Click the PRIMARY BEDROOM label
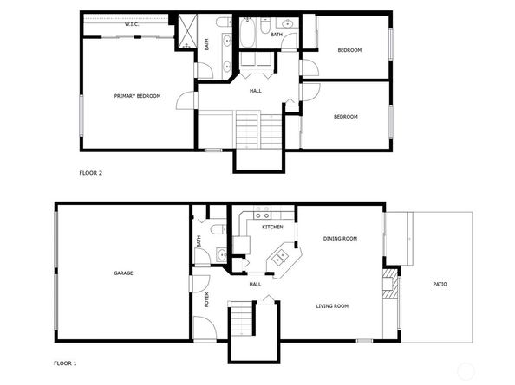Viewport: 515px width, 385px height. pos(137,95)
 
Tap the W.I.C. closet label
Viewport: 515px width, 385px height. pos(132,24)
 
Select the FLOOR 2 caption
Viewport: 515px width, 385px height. pos(91,173)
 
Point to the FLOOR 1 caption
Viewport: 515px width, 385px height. pos(66,363)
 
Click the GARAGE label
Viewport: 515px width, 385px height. pos(123,273)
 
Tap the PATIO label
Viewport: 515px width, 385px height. pos(440,283)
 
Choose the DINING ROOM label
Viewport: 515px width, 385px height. pos(340,238)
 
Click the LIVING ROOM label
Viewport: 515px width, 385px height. pos(331,305)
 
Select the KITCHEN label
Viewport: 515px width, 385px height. pos(273,227)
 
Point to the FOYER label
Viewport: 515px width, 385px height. pos(206,300)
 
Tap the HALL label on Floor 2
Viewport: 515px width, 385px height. pos(256,89)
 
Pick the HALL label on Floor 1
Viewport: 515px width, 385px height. pos(255,284)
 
